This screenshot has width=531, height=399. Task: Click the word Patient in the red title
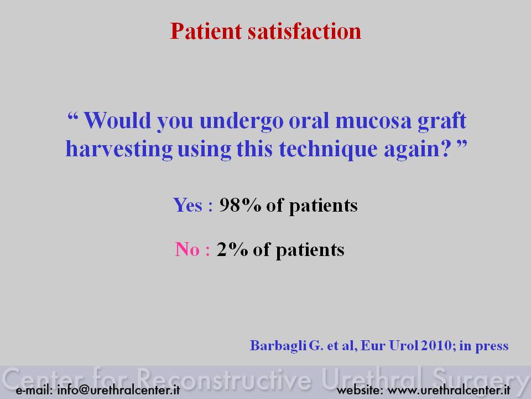point(206,31)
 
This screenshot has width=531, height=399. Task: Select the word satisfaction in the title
point(304,31)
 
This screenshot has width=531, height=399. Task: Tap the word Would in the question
point(117,120)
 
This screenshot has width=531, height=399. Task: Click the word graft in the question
point(442,121)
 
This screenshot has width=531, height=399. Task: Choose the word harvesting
point(119,149)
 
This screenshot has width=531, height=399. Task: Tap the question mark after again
point(447,149)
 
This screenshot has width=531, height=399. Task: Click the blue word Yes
point(188,205)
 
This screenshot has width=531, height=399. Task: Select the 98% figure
point(240,205)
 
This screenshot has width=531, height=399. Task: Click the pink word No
point(188,249)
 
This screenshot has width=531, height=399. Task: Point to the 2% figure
point(232,249)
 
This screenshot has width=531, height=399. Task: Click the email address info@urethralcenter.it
point(118,390)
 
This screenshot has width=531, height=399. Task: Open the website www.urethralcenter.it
point(449,390)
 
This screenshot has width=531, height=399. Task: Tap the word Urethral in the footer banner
point(372,379)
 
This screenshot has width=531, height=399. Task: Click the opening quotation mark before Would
point(73,116)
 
